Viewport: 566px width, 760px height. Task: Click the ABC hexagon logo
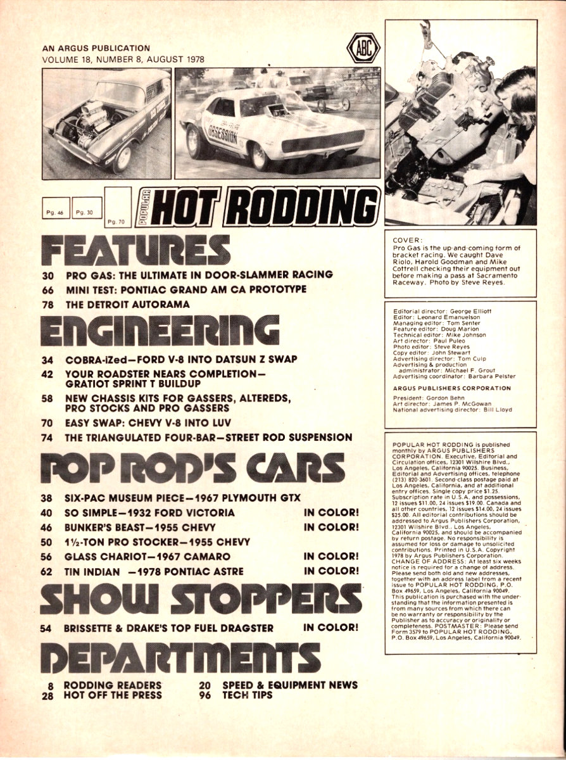coord(363,47)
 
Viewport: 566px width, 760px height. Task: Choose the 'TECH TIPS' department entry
coord(248,695)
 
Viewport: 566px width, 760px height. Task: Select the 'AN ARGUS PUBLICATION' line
coord(96,48)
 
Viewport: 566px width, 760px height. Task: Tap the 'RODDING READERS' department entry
coord(112,685)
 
